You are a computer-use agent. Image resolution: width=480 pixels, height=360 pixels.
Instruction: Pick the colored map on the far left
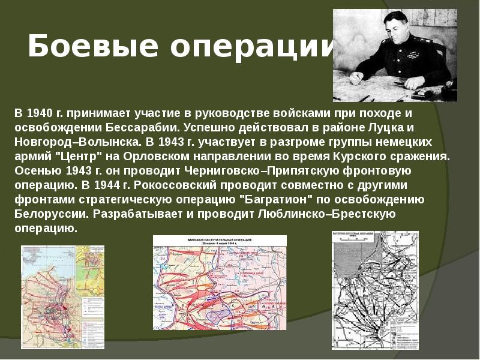tap(62, 297)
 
